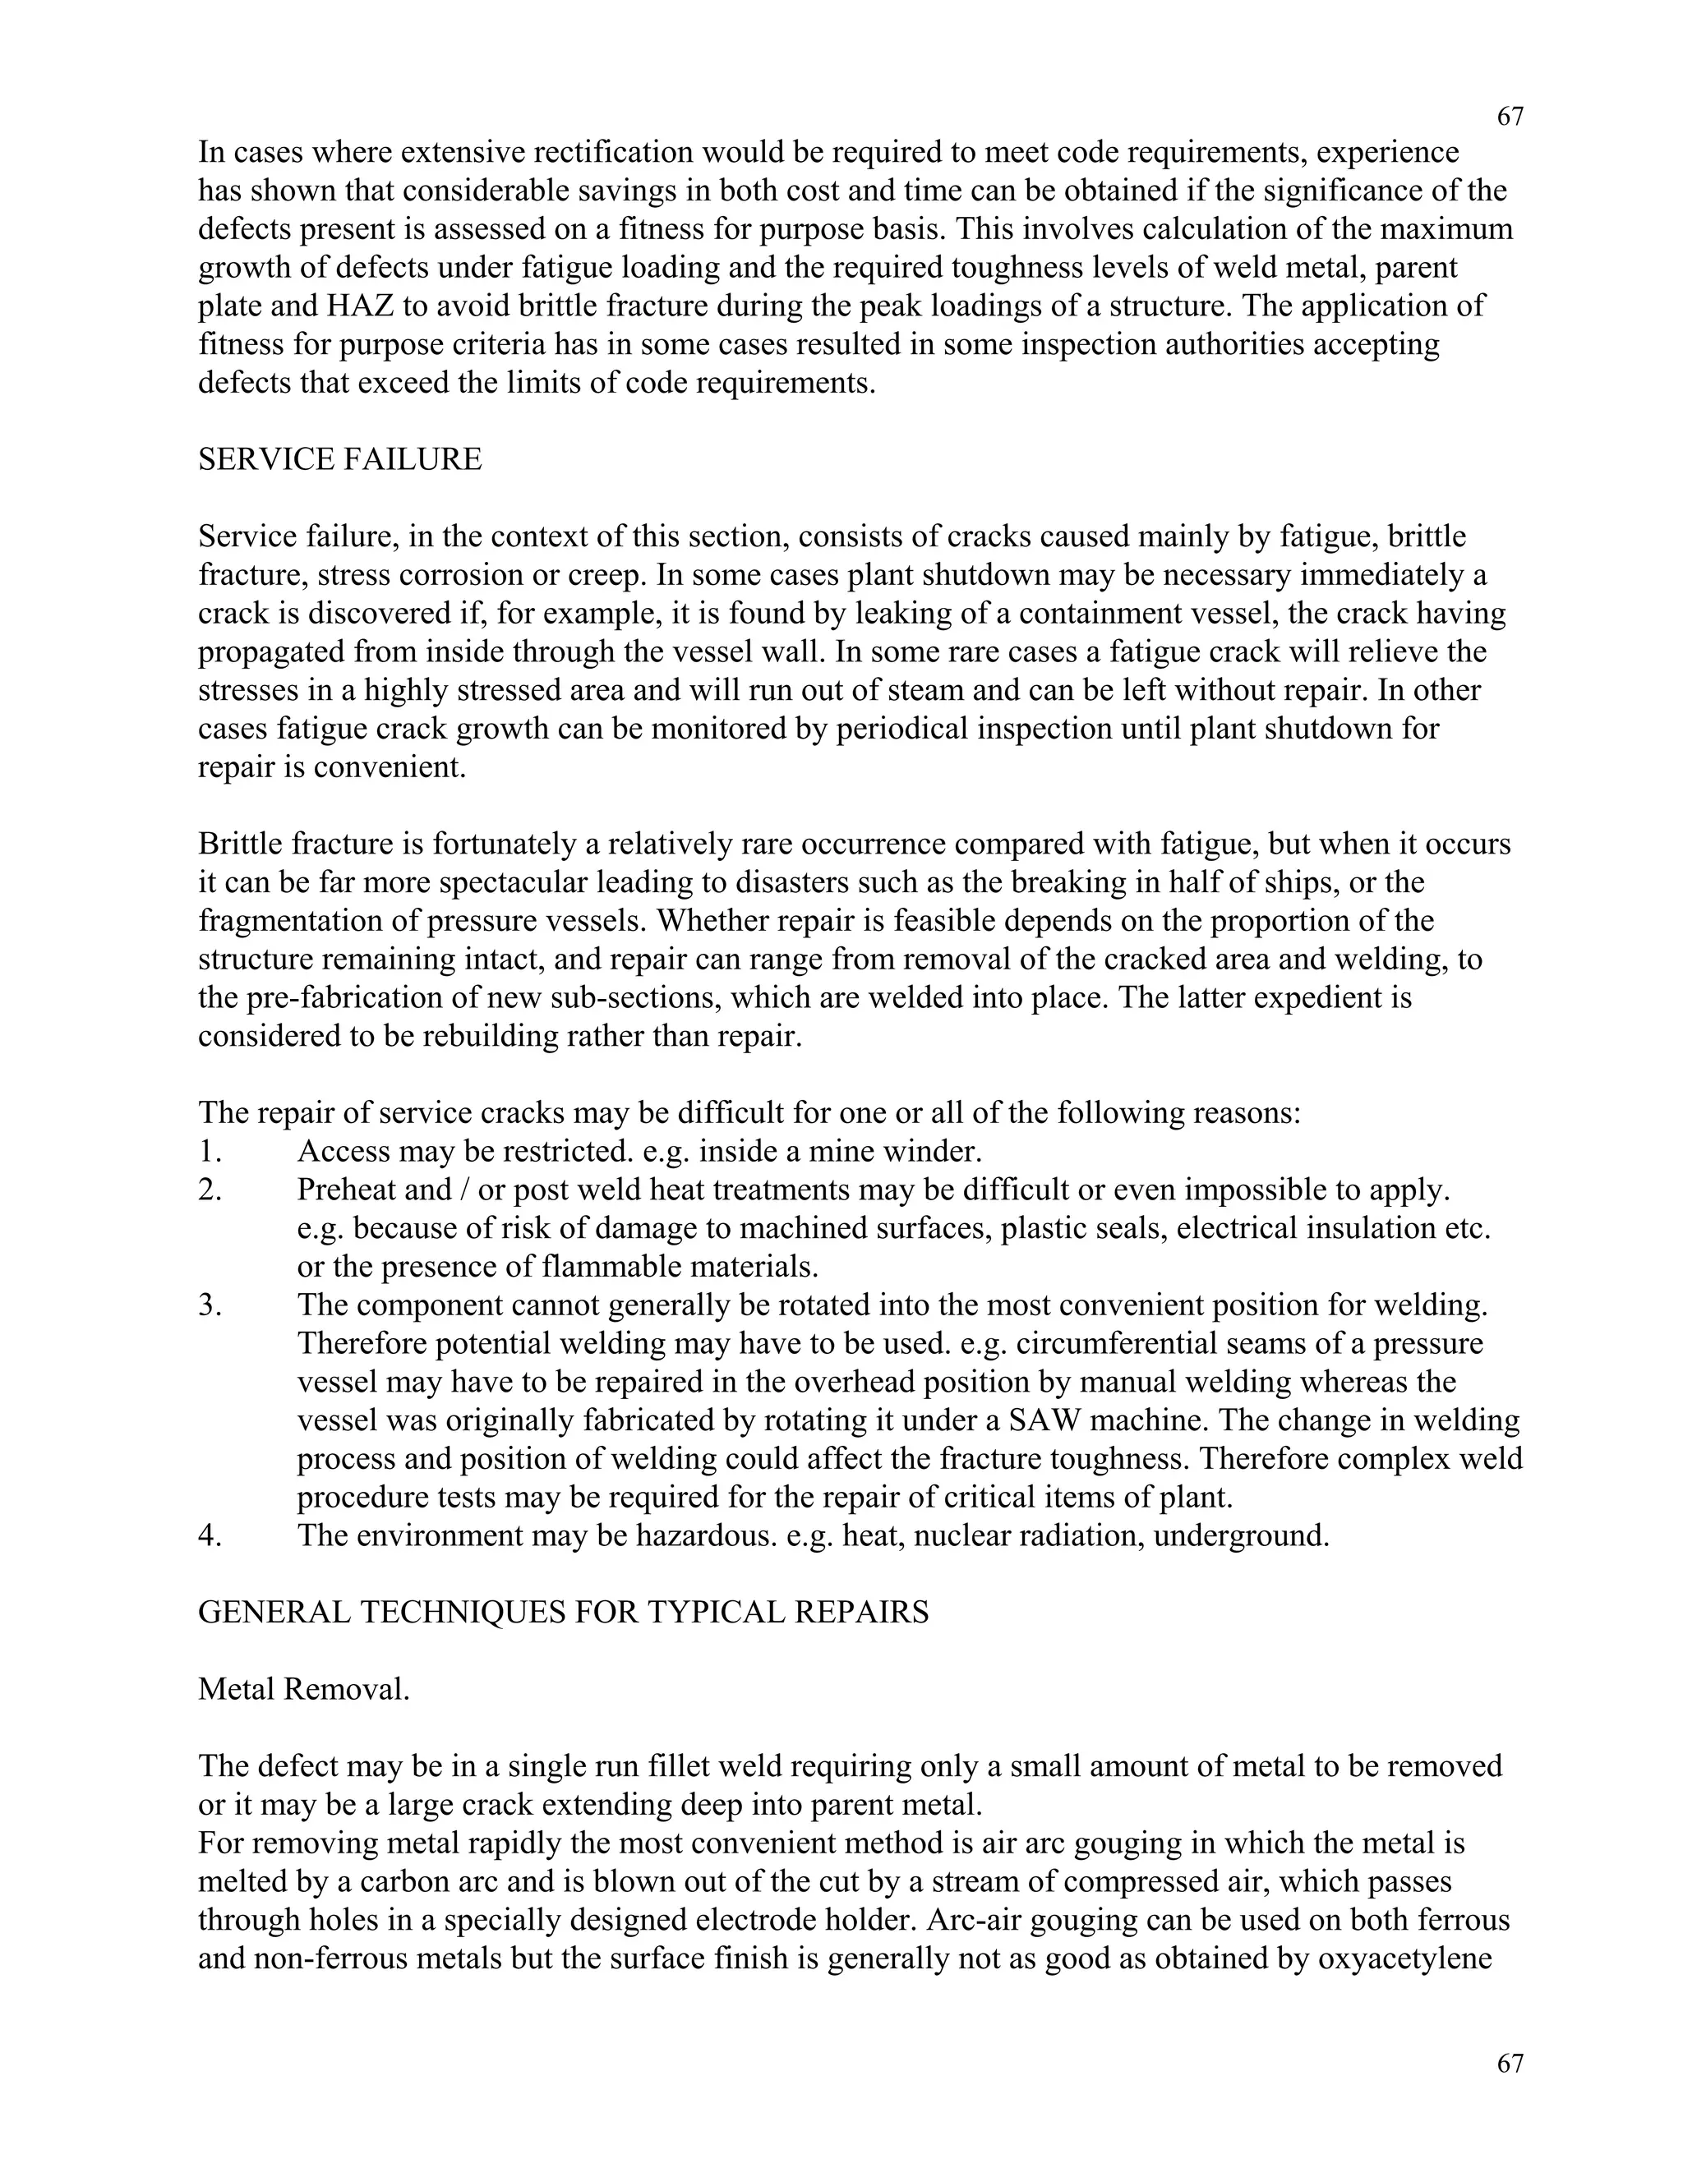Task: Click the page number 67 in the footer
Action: [x=1510, y=2064]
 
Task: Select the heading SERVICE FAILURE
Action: [x=340, y=459]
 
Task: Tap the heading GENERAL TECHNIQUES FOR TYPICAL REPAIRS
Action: [x=563, y=1612]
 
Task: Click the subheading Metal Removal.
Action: [x=304, y=1688]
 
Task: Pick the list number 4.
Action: [x=210, y=1535]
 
